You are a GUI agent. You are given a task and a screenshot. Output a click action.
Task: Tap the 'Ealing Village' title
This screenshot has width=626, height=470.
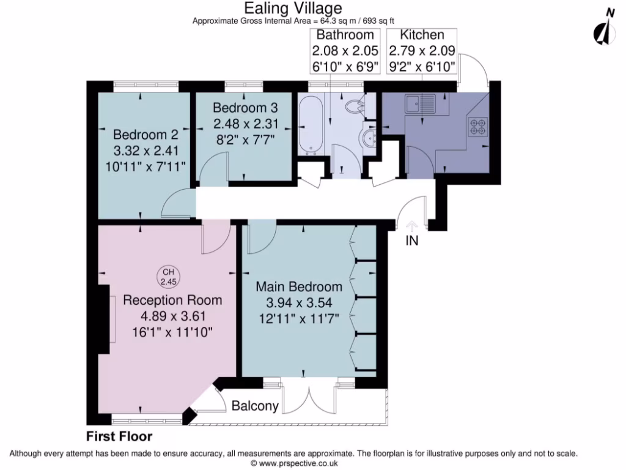point(293,8)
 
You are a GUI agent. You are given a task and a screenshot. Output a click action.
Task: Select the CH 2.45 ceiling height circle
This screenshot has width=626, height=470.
point(167,277)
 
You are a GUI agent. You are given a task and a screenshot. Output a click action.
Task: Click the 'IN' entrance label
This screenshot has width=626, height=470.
point(412,241)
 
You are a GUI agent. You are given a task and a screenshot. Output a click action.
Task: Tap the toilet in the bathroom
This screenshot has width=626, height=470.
point(355,108)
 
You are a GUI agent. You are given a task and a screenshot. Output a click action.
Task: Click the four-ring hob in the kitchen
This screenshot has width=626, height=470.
point(477,127)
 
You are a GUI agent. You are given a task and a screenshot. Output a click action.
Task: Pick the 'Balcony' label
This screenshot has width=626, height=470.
point(255,406)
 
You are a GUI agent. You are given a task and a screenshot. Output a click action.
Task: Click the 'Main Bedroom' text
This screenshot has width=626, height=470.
point(298,286)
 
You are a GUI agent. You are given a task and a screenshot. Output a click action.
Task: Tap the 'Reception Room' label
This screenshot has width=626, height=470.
point(172,300)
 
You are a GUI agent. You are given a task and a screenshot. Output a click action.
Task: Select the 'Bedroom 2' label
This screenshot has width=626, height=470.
point(141,135)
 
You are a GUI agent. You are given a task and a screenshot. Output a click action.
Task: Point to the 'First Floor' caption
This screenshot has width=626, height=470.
point(119,437)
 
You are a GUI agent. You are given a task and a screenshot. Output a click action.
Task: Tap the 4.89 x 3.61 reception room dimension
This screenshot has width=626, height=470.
point(172,316)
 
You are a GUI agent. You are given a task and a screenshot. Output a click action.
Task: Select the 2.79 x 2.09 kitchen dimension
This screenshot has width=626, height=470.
point(422,51)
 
